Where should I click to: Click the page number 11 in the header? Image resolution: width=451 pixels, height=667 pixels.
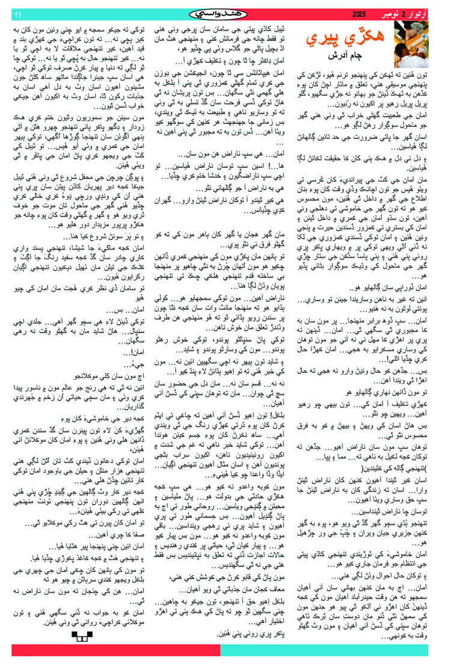pyautogui.click(x=17, y=14)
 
